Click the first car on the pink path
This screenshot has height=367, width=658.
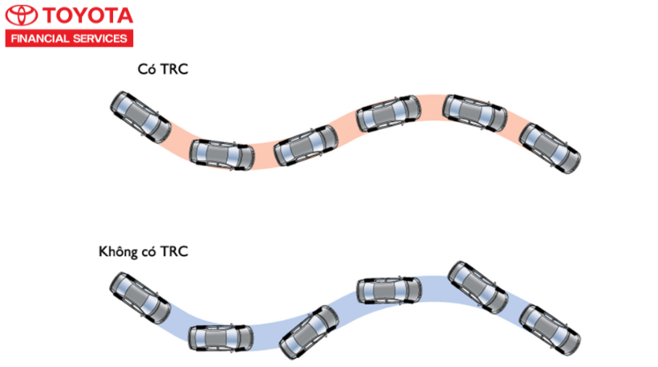click(x=140, y=117)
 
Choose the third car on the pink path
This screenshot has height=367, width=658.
click(x=305, y=145)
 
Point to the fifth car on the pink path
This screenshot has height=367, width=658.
click(x=475, y=113)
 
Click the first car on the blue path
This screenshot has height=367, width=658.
click(x=140, y=296)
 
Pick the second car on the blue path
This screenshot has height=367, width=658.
click(x=221, y=337)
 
